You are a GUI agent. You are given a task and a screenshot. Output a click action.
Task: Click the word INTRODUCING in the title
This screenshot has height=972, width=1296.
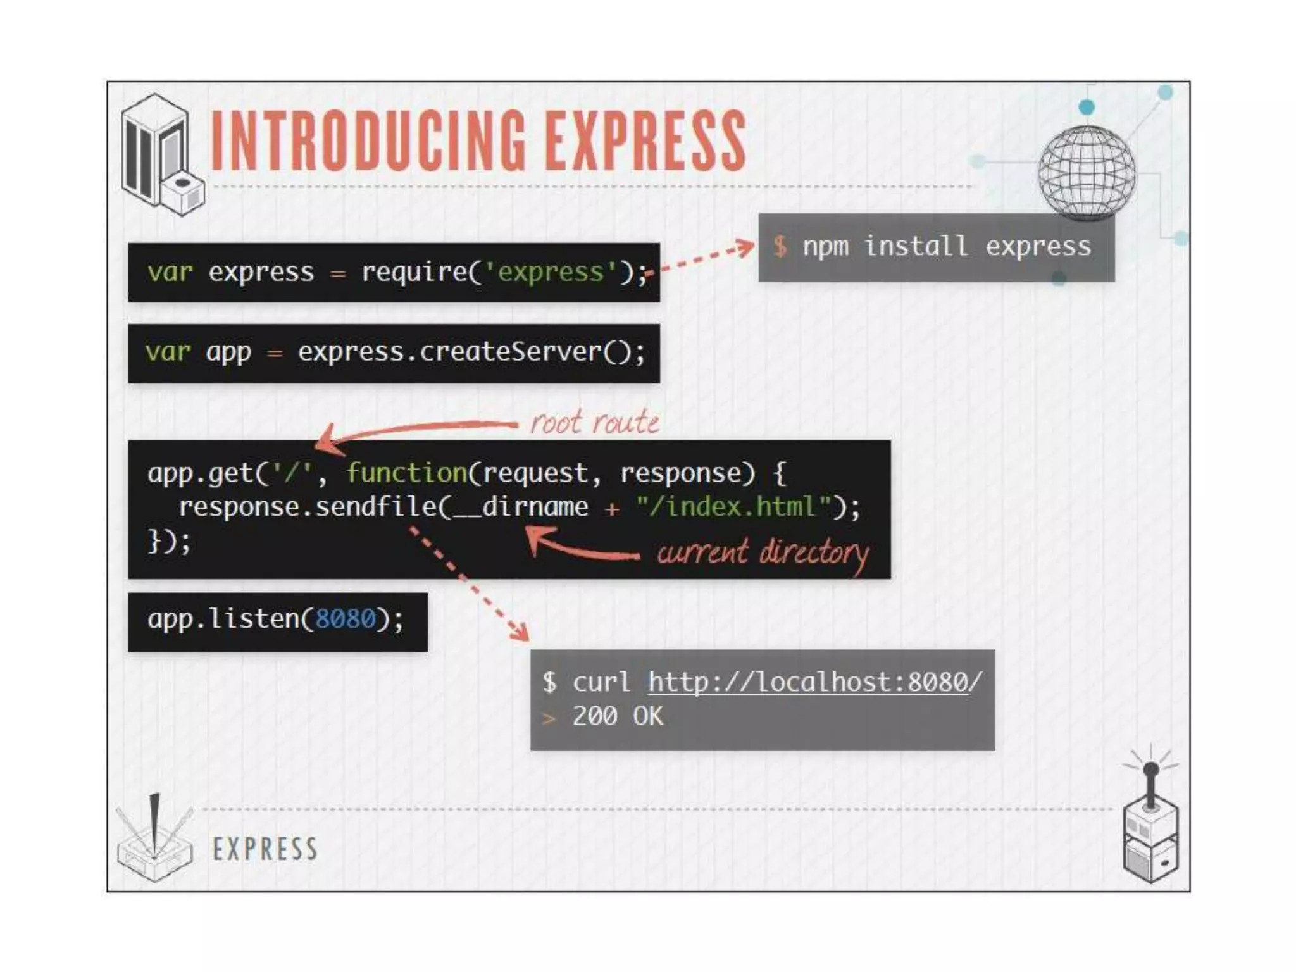pos(367,140)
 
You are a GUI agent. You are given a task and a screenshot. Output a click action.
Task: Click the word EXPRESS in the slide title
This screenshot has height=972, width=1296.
pos(645,140)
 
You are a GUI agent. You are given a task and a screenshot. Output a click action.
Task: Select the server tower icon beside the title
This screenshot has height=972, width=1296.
pos(161,155)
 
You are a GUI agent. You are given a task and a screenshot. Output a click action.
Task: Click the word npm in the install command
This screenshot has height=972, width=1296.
pos(825,246)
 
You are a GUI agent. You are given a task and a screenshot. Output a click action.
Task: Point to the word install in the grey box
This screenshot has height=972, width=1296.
pos(916,246)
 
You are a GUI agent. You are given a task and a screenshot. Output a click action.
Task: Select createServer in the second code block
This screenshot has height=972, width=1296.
pos(509,352)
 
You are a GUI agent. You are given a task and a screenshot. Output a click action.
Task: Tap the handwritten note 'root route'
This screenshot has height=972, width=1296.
pos(594,422)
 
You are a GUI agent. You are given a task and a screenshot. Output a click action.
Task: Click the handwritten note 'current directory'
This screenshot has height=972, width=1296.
pos(763,553)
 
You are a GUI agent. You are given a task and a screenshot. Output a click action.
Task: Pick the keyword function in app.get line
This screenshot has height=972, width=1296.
pos(406,473)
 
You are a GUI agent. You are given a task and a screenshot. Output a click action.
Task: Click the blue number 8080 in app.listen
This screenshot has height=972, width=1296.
pos(345,619)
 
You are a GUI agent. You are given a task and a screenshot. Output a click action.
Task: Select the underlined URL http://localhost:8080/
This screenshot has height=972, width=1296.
pos(815,682)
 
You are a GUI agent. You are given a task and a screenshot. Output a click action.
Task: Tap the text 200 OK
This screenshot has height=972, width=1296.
pos(618,716)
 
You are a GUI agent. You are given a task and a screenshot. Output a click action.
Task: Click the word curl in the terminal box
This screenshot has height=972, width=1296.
pos(601,682)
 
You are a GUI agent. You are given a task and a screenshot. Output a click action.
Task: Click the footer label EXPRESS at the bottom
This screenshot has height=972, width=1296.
pos(265,849)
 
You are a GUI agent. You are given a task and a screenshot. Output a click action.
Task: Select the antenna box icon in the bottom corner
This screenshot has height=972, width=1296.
pos(1151,823)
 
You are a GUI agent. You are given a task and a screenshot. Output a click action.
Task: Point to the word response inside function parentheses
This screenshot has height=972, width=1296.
pos(687,473)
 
